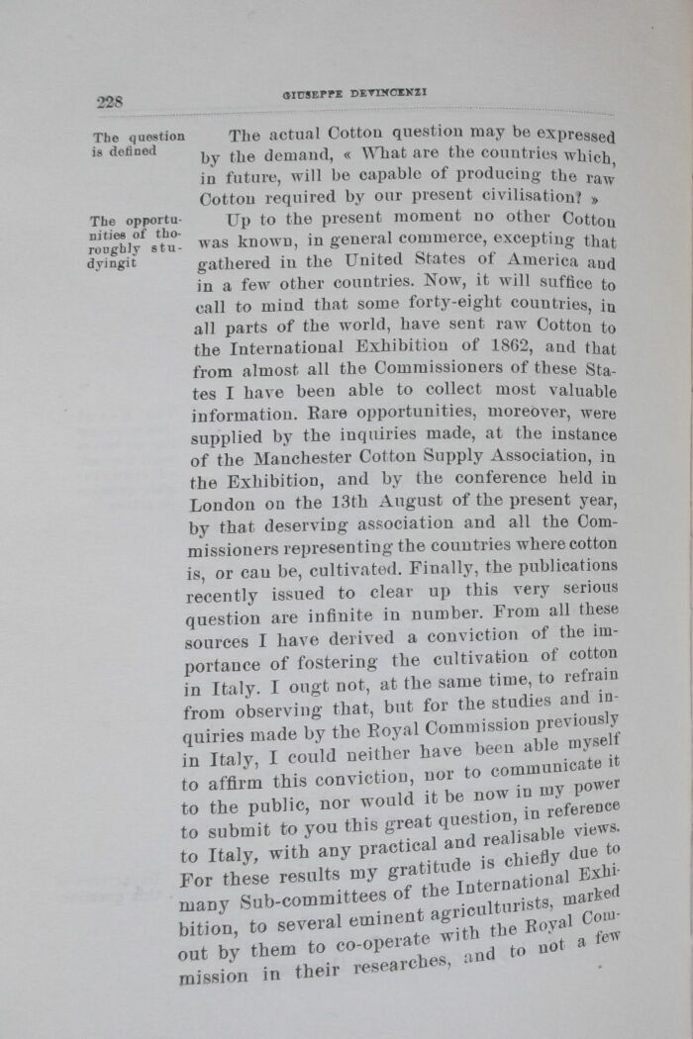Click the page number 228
click(x=109, y=102)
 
